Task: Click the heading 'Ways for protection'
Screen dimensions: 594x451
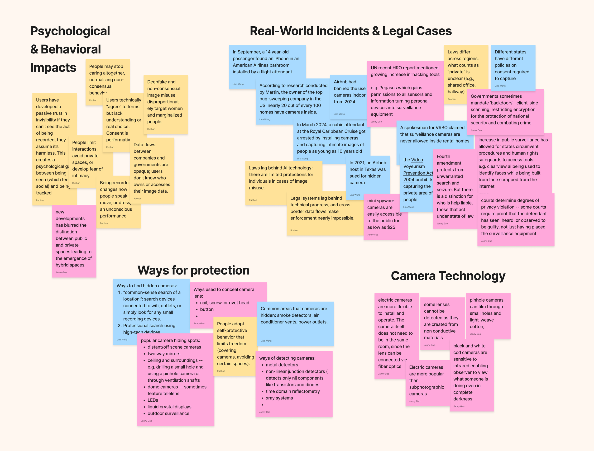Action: (x=193, y=270)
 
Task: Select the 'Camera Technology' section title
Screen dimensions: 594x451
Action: (x=448, y=276)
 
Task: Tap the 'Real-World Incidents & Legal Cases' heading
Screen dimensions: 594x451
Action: (x=351, y=31)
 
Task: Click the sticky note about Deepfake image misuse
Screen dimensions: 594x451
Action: (x=165, y=102)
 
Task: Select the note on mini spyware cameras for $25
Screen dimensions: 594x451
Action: (x=384, y=214)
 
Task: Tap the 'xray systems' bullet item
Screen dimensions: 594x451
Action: (x=279, y=398)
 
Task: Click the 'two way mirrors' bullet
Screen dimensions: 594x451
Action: (x=164, y=354)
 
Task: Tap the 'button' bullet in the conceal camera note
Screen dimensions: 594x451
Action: (x=207, y=309)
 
